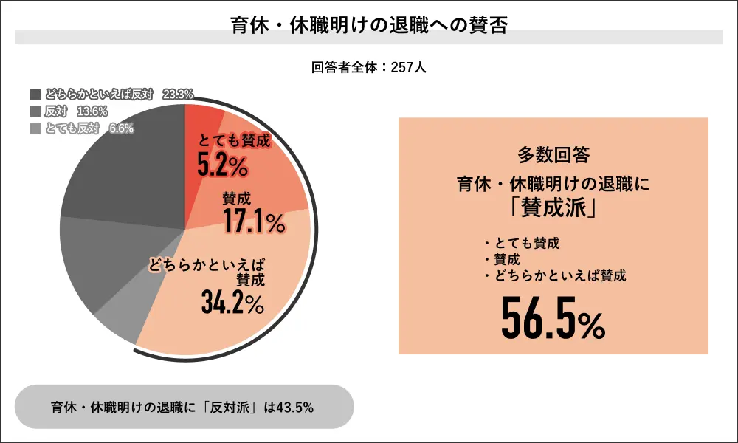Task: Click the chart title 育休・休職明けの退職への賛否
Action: point(368,23)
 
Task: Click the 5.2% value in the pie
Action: point(221,165)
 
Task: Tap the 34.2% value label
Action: point(231,301)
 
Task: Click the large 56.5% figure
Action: point(553,317)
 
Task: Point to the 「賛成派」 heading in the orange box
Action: point(553,207)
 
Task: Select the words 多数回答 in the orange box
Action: point(553,155)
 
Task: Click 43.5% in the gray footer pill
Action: point(295,407)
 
